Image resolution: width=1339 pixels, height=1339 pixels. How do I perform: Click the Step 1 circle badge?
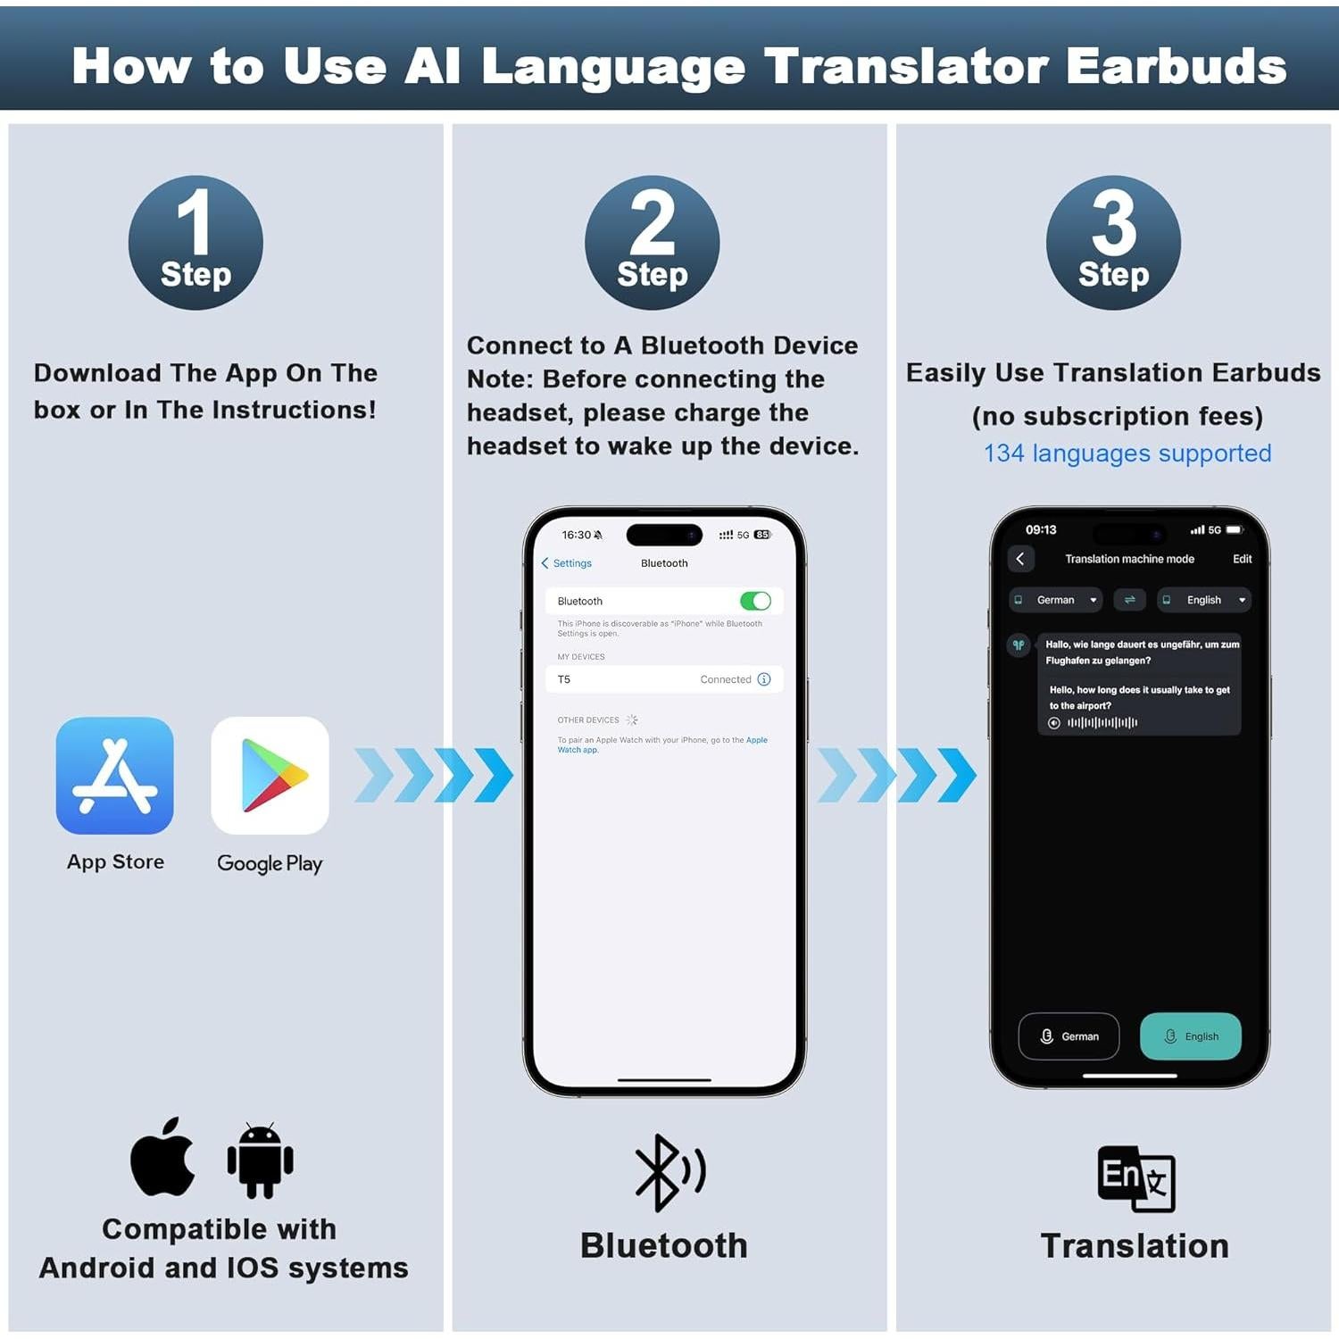click(x=195, y=243)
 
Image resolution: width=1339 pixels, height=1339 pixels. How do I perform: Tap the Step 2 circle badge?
click(x=652, y=243)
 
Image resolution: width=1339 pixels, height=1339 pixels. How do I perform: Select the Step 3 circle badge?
click(x=1113, y=243)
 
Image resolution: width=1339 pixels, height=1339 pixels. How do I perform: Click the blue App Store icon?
click(x=115, y=775)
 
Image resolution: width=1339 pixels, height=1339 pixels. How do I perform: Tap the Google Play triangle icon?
click(x=270, y=775)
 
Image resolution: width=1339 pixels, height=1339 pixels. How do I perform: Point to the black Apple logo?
click(x=162, y=1158)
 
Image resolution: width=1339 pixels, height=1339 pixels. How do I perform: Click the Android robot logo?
click(x=260, y=1160)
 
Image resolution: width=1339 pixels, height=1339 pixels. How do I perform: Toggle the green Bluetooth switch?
click(x=755, y=601)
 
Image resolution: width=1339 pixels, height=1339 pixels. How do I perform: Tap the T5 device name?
click(x=564, y=679)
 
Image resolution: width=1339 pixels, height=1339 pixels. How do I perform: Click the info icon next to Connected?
click(x=764, y=679)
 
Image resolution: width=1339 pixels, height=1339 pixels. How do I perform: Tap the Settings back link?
click(x=567, y=563)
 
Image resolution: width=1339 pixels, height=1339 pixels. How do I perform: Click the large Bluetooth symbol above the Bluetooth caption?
click(x=668, y=1172)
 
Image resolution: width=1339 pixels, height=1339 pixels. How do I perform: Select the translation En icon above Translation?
click(x=1135, y=1178)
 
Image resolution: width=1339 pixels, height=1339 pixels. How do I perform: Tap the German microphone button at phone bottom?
click(x=1069, y=1036)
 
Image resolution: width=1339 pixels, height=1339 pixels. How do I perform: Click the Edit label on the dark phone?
click(x=1242, y=559)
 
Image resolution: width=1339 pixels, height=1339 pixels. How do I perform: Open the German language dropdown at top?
click(x=1056, y=600)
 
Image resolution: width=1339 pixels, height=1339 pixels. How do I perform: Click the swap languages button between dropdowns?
click(x=1129, y=600)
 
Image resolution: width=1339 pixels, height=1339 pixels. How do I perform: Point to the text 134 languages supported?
click(x=1127, y=453)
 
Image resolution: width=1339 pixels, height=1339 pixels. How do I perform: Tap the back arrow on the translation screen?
click(x=1020, y=559)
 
